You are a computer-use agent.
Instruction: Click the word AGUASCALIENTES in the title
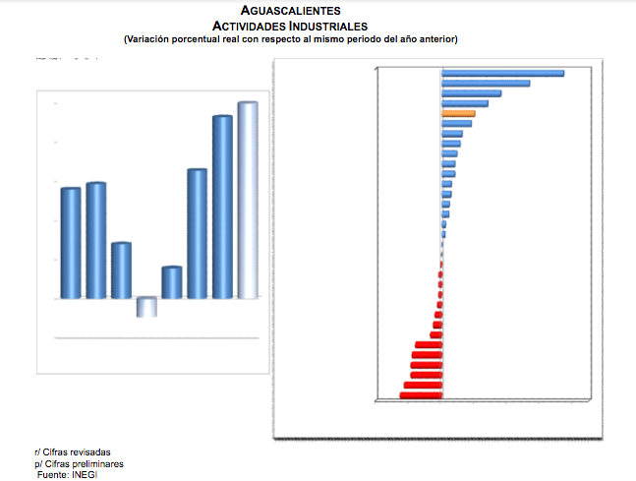click(x=290, y=11)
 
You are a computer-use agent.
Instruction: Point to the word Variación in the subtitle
click(x=147, y=39)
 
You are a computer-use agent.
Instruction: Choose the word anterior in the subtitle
click(x=435, y=39)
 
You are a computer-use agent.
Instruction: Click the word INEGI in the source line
click(x=85, y=475)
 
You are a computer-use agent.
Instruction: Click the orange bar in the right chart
click(x=459, y=113)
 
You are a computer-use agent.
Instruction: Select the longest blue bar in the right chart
click(x=502, y=73)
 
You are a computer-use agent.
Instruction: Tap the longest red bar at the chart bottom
click(x=421, y=395)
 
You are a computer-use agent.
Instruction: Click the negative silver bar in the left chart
click(x=146, y=307)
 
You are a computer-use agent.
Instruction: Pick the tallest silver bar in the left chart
click(x=248, y=200)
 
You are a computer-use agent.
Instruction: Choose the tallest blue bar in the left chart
click(x=222, y=207)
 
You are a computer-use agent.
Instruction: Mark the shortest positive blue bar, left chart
click(x=172, y=282)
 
